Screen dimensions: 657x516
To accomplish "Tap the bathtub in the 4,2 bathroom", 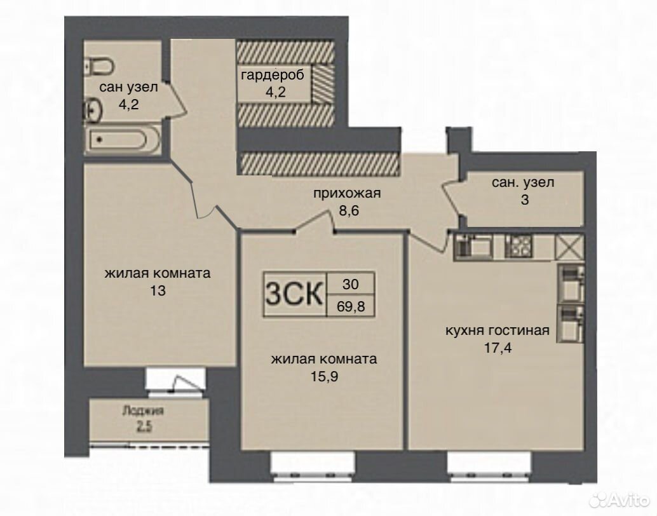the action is [x=123, y=140].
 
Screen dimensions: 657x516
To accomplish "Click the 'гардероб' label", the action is [x=273, y=76].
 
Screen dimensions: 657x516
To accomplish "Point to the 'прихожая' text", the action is [x=347, y=193].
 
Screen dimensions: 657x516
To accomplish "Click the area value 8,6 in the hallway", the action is [x=349, y=210].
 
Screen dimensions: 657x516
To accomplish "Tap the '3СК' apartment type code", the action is [x=295, y=294].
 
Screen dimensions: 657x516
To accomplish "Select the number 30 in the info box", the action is [x=350, y=284].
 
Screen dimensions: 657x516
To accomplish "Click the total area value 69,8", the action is [x=351, y=306].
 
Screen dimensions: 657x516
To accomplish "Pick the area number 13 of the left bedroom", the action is [x=158, y=290].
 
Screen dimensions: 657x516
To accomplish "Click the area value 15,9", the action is [x=324, y=376].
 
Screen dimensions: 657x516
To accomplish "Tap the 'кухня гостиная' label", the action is [x=497, y=330].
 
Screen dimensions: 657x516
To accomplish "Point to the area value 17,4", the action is [x=498, y=348].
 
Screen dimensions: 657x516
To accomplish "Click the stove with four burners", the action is [x=518, y=247].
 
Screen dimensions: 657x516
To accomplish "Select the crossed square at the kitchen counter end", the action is [x=569, y=247].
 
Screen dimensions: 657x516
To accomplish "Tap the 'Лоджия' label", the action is [x=143, y=411].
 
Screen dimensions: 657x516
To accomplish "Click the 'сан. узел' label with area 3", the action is [x=523, y=182].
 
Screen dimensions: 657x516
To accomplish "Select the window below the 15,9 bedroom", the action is [x=313, y=466].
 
